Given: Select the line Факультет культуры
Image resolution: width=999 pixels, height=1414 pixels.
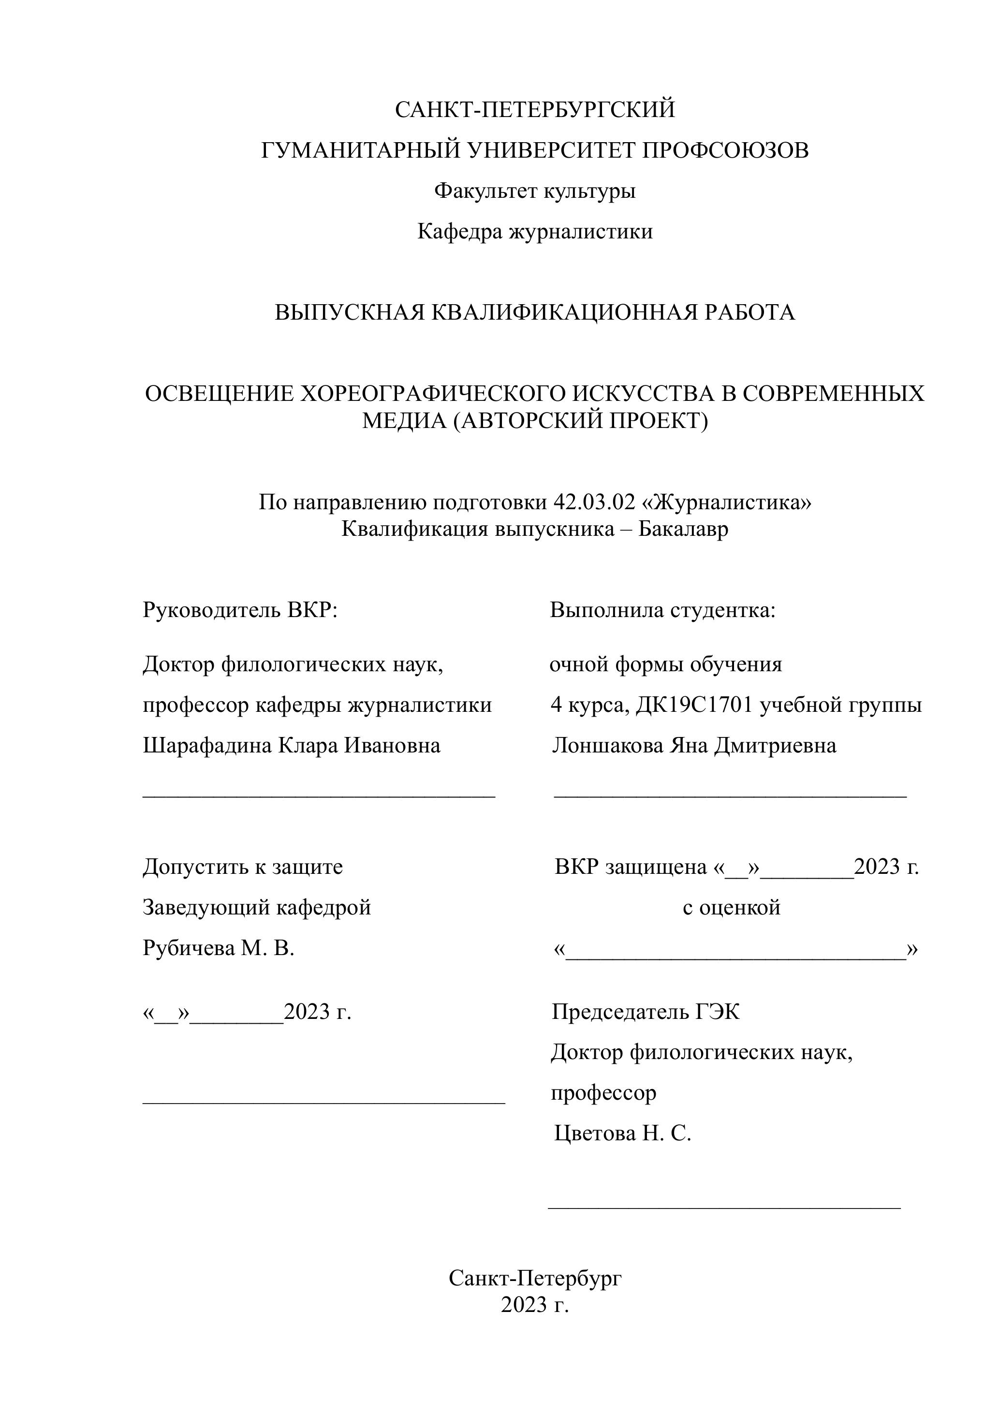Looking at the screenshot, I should [x=535, y=191].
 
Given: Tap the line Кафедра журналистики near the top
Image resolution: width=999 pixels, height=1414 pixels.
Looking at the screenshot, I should [x=535, y=232].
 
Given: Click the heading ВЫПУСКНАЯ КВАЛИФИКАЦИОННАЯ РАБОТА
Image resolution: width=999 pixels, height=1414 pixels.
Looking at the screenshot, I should [x=535, y=313].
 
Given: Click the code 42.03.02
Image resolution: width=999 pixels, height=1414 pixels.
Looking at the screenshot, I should [x=594, y=502].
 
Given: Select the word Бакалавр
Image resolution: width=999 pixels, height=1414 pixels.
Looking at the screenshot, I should [x=683, y=529].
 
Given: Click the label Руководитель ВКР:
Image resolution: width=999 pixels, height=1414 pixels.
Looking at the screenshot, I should [x=240, y=610].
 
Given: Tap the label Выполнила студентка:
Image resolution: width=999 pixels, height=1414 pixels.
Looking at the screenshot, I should [x=663, y=610].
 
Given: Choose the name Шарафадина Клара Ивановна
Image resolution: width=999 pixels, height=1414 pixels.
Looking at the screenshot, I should [x=291, y=746].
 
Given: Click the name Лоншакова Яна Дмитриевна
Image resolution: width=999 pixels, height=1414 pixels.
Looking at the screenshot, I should [x=694, y=746].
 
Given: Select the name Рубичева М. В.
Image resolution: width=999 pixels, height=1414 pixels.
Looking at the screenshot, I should [x=219, y=948].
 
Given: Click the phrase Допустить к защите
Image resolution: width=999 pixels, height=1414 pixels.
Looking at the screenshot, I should [x=243, y=867].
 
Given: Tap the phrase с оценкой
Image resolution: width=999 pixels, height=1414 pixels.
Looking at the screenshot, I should [x=731, y=908].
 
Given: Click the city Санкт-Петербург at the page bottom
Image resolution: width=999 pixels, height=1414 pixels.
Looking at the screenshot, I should [x=535, y=1279].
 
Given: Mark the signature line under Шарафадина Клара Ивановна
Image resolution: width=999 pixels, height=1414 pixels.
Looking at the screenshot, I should [x=319, y=797].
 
